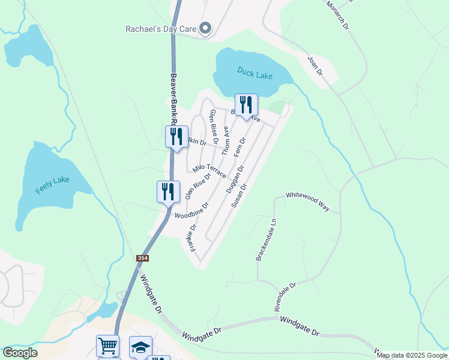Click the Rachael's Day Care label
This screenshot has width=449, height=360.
(x=160, y=28)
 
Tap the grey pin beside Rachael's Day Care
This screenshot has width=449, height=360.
(x=205, y=28)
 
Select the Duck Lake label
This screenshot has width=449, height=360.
(x=255, y=73)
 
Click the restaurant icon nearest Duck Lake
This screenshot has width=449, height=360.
(x=246, y=105)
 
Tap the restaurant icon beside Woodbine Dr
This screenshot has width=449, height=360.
(x=168, y=192)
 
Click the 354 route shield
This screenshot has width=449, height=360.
(x=142, y=258)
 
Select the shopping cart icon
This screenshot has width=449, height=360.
(x=107, y=346)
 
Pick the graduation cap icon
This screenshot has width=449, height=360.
(x=140, y=347)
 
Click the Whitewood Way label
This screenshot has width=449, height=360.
(x=307, y=201)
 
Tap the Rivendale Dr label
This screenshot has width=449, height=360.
(x=285, y=296)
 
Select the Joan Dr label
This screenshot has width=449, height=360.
(x=315, y=66)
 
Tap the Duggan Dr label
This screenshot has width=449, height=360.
(x=235, y=179)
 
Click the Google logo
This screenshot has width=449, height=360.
(x=20, y=353)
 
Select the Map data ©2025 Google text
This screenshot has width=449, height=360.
(x=412, y=355)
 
